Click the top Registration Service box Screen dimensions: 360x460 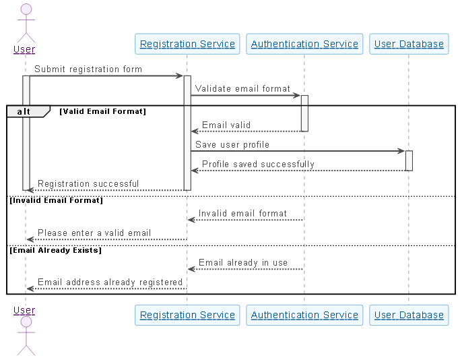(187, 44)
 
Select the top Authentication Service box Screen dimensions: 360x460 (304, 44)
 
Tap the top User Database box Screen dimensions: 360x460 (409, 44)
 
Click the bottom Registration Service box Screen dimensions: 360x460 (187, 315)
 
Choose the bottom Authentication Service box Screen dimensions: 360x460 (304, 315)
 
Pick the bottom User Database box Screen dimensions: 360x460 (409, 315)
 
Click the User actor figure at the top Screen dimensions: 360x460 (25, 24)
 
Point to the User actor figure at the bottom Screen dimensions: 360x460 (25, 334)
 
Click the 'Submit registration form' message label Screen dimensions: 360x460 (88, 69)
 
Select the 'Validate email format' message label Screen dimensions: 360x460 (243, 88)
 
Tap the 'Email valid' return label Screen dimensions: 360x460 (226, 125)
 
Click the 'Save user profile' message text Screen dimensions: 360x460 (232, 144)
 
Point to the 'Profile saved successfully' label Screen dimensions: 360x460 (258, 164)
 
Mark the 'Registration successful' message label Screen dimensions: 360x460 (88, 183)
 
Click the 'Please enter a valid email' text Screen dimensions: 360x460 (94, 233)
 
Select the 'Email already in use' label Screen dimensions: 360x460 (243, 262)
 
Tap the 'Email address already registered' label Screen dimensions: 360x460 (110, 282)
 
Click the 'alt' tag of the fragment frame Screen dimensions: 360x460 (24, 111)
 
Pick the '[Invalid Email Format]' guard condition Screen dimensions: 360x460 (56, 200)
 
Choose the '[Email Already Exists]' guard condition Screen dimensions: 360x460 (55, 249)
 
